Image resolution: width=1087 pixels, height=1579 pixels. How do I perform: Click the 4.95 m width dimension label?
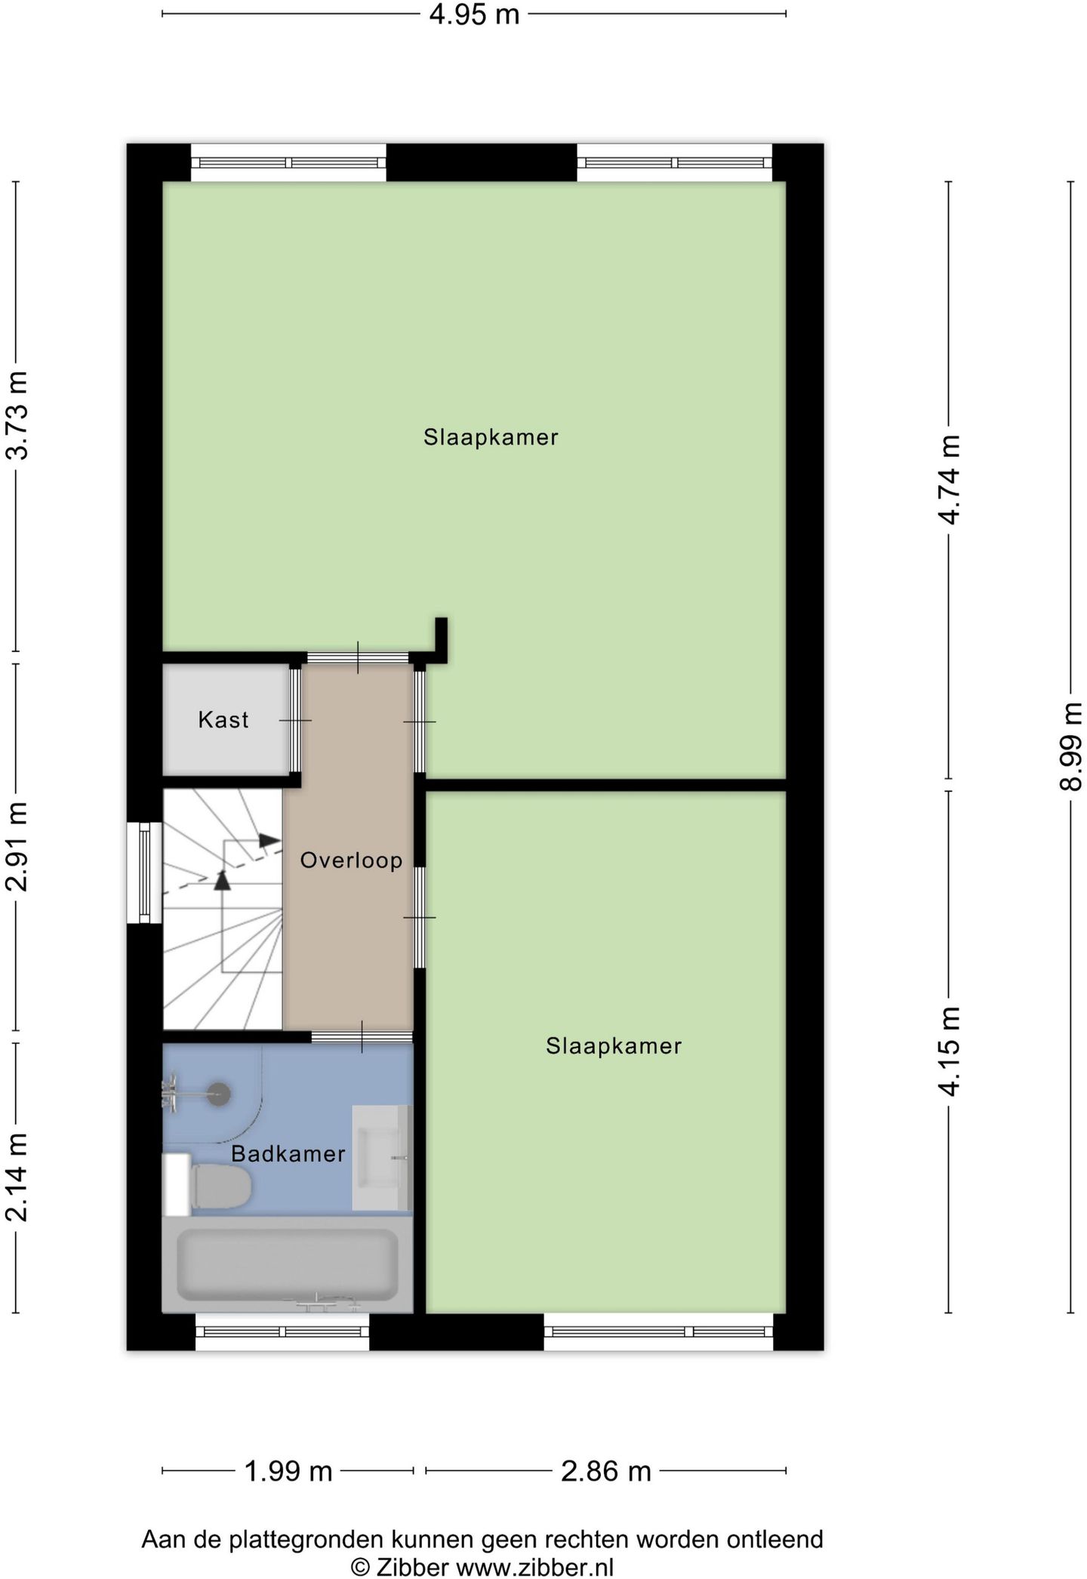click(x=474, y=14)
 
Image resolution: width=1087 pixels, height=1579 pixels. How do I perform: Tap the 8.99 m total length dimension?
click(x=1070, y=746)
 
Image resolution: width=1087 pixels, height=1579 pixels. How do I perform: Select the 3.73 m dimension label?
click(x=16, y=416)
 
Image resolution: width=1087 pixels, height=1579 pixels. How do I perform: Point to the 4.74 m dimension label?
click(x=949, y=479)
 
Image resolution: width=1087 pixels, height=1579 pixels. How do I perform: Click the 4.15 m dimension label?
click(x=949, y=1051)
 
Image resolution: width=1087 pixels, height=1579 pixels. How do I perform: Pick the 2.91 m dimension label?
click(x=16, y=847)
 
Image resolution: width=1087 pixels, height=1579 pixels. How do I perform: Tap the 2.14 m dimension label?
click(x=16, y=1177)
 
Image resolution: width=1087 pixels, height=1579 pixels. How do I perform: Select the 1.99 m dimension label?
click(x=288, y=1471)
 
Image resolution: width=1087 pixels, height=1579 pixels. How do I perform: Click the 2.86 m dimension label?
click(x=606, y=1471)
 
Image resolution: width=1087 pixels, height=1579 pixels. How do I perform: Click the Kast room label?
click(x=223, y=720)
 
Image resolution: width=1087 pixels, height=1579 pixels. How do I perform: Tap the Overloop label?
click(x=351, y=860)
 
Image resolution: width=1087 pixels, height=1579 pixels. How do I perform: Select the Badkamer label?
click(x=288, y=1154)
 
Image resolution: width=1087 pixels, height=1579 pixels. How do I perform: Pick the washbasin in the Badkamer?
click(x=382, y=1158)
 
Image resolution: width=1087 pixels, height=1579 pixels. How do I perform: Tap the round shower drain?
click(x=219, y=1094)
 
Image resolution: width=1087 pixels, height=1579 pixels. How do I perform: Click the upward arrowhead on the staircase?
click(x=222, y=880)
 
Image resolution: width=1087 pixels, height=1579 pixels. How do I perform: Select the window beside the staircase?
click(x=144, y=873)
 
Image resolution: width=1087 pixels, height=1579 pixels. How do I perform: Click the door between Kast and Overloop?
click(x=296, y=721)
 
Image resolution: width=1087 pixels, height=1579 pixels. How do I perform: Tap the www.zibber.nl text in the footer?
click(x=534, y=1567)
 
